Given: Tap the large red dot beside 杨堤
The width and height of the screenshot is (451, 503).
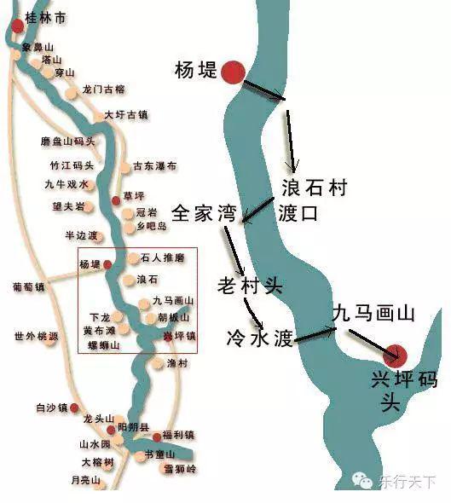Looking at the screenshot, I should click(x=233, y=73).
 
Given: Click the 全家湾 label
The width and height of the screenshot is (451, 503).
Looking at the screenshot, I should click(x=204, y=213).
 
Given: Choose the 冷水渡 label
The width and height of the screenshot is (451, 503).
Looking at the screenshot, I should click(x=259, y=338).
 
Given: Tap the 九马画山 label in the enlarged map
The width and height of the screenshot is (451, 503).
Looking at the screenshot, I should click(x=373, y=314).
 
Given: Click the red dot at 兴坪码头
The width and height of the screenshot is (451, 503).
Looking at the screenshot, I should click(x=396, y=354).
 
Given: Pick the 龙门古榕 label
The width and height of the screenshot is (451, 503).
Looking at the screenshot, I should click(x=104, y=89).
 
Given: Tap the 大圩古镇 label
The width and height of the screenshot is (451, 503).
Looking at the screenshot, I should click(x=126, y=114).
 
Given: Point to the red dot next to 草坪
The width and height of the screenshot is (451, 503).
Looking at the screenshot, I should click(x=117, y=199).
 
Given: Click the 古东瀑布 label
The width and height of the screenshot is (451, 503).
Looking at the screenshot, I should click(x=154, y=165).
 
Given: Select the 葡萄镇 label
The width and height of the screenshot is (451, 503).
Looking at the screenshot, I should click(x=28, y=286).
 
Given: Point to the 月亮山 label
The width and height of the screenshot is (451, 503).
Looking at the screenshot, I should click(x=85, y=481).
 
